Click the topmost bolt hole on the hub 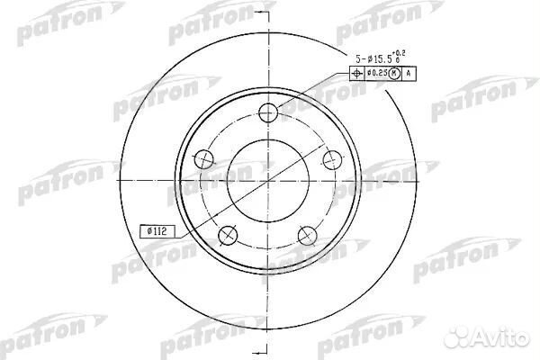(x=267, y=113)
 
